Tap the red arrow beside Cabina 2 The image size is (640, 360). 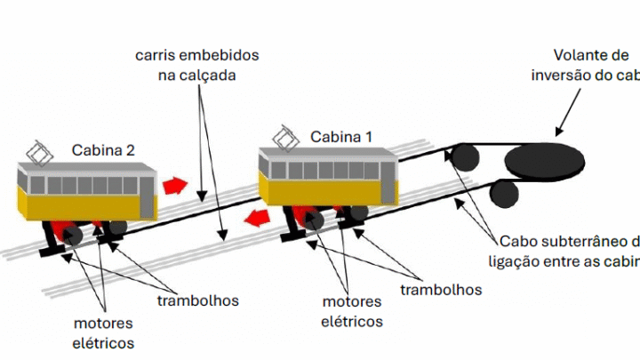pyautogui.click(x=175, y=186)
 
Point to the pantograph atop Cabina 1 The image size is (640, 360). pyautogui.click(x=286, y=137)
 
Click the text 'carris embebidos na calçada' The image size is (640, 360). pyautogui.click(x=197, y=65)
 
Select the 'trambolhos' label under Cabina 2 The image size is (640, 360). pyautogui.click(x=197, y=300)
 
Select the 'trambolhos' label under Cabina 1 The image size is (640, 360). pyautogui.click(x=441, y=290)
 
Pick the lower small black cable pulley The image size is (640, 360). pyautogui.click(x=505, y=193)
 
